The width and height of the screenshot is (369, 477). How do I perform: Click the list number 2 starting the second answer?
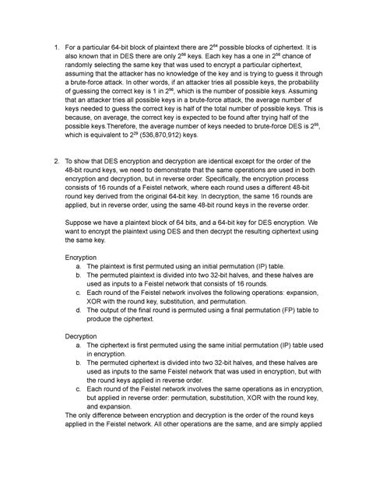pos(55,161)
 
